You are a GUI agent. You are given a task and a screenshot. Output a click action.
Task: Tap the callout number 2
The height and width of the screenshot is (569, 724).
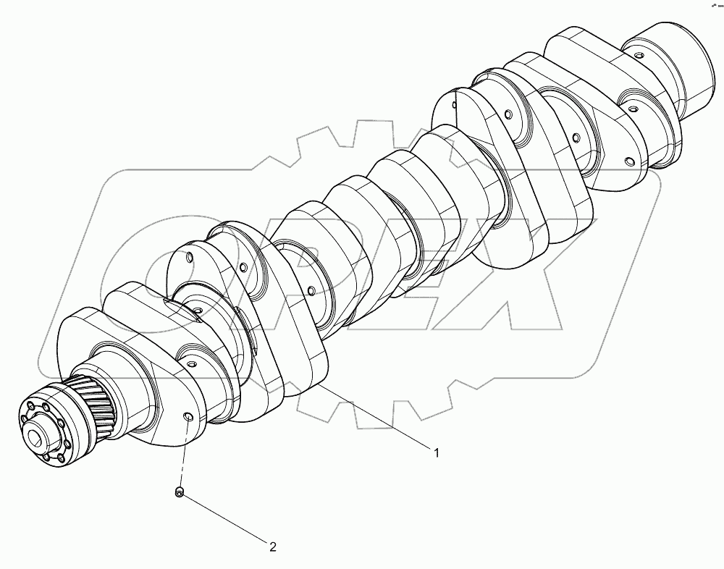273,547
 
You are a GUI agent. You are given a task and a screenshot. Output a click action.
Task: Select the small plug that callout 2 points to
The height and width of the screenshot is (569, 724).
179,493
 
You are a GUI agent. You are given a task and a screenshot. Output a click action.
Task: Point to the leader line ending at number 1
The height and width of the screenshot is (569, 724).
376,421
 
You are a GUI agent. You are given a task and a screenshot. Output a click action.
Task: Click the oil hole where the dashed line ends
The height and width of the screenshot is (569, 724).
188,418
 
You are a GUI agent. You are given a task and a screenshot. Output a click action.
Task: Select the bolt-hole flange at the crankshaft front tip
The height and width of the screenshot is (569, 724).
43,434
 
